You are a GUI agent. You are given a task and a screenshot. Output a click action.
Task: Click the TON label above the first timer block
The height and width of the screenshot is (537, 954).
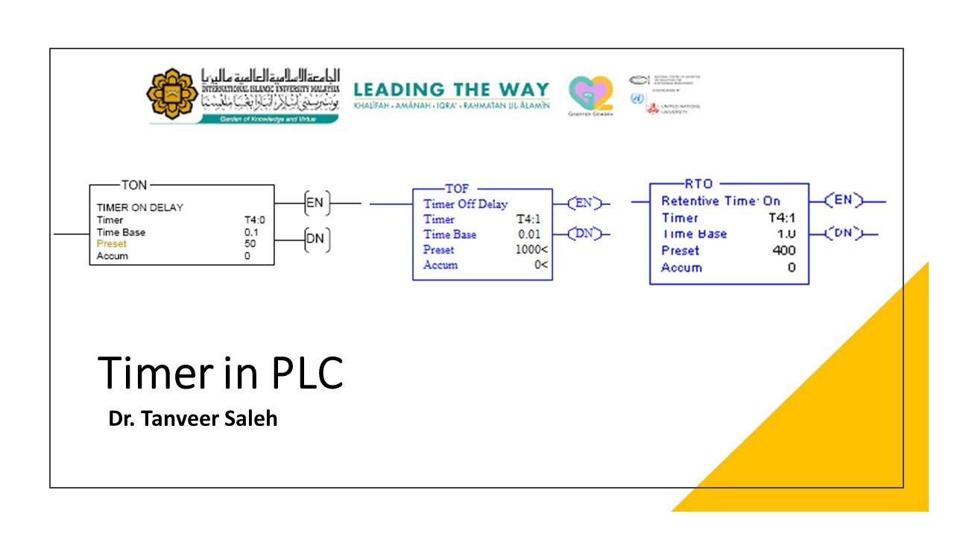[134, 185]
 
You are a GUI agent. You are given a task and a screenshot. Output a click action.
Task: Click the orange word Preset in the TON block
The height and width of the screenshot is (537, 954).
[112, 244]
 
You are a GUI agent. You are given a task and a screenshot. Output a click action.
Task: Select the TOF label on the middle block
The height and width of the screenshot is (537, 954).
[457, 189]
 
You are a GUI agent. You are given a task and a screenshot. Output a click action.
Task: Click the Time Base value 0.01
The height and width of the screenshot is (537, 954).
[530, 235]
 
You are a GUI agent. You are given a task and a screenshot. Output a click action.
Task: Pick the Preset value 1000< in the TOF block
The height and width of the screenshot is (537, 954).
[531, 250]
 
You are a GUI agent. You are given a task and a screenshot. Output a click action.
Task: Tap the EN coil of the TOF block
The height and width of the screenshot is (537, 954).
[584, 203]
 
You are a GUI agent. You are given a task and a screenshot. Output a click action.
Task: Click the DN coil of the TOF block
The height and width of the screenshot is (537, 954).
[584, 233]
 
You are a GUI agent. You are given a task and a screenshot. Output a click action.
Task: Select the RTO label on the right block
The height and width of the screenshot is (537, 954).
[698, 183]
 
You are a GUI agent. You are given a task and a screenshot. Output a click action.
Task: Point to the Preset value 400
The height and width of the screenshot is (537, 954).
[784, 251]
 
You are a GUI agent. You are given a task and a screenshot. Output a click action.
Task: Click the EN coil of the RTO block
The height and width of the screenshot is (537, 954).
[844, 200]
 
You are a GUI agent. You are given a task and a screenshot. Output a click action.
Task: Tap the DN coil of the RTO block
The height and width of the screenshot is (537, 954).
[844, 233]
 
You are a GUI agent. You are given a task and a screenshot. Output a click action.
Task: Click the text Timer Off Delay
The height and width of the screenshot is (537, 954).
[466, 204]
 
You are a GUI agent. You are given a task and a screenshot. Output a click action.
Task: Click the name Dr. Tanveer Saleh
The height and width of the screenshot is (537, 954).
[193, 418]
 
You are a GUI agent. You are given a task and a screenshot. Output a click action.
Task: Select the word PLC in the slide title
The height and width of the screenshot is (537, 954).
[306, 374]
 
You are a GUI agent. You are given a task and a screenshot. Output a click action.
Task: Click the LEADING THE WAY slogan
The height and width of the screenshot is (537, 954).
[451, 90]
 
